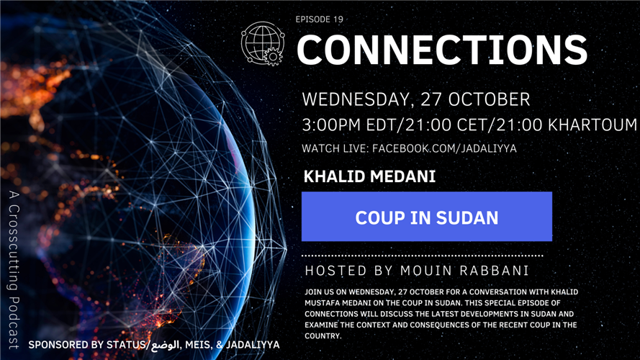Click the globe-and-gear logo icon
pos(263,44)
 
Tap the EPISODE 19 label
pos(319,19)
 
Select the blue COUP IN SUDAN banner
pos(427,217)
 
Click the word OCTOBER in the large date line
pos(488,99)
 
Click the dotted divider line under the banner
pos(422,256)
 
